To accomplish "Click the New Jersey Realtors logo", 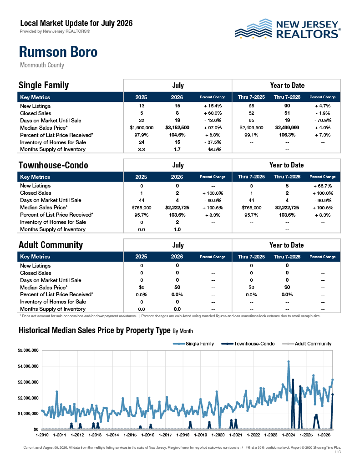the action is (288, 29).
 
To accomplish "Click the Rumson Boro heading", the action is (58, 52).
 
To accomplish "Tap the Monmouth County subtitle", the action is (42, 65).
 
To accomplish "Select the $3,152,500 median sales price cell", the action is (177, 128).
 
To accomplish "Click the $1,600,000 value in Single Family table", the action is (142, 128).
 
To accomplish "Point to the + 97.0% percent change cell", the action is (213, 128).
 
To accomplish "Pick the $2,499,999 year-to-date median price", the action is (287, 128).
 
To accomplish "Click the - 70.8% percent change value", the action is (323, 120).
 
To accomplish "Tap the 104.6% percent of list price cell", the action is (177, 135).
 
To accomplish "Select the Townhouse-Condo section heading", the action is (54, 165).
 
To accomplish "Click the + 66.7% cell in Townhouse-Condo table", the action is (323, 186).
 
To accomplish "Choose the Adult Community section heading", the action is (51, 245).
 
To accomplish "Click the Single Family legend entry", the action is (193, 344).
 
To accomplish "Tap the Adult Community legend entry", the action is (307, 344).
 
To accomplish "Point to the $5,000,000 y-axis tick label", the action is (28, 350).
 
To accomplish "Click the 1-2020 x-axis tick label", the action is (218, 435).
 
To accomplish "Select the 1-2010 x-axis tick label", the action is (42, 435).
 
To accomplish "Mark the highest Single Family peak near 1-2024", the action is (289, 362).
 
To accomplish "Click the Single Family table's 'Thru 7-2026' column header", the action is (287, 97).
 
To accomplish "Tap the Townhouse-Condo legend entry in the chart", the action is (248, 344).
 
